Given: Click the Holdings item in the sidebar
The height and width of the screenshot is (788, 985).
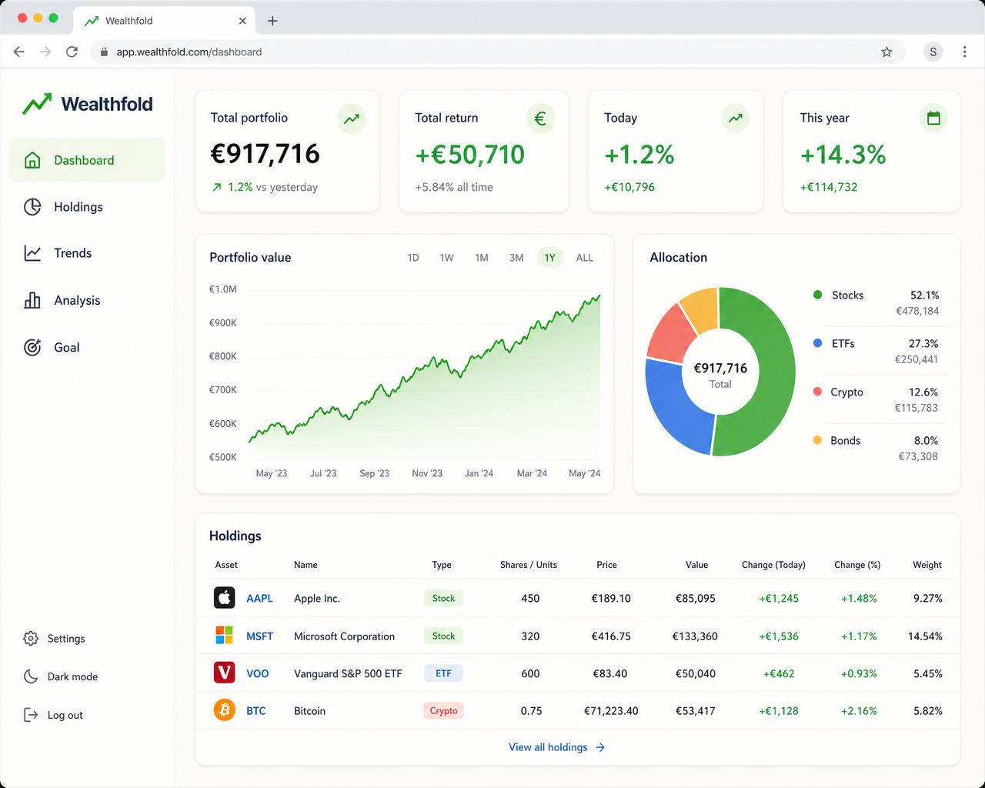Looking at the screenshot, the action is point(63,207).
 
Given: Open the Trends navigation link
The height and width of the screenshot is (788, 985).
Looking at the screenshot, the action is point(58,253).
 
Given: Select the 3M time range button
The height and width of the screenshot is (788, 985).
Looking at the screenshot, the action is point(516,258).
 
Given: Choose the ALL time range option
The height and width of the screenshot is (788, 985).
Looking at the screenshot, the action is point(585,258).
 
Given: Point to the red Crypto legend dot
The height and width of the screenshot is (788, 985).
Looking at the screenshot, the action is point(817,392).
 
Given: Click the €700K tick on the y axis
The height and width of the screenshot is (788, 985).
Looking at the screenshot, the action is point(223,389).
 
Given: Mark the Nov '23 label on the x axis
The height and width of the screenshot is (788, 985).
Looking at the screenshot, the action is point(427,473).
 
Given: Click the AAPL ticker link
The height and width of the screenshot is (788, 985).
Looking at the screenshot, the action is point(259,598).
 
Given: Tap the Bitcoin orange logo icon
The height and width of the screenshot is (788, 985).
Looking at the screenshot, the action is point(224,710).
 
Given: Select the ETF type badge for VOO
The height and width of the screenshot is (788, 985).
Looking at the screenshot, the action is point(443,673).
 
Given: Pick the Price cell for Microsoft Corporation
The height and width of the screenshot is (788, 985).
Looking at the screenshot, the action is point(611,636).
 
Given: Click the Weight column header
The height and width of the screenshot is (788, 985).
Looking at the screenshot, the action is point(927,565).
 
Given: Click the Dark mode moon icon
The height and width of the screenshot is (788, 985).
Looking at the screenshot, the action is point(31,676).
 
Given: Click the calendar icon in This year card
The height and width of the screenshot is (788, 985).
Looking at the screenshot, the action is point(933,119).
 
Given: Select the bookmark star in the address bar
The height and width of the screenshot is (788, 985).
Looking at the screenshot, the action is point(886,52).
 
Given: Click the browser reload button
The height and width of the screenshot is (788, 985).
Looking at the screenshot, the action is point(72,52).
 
